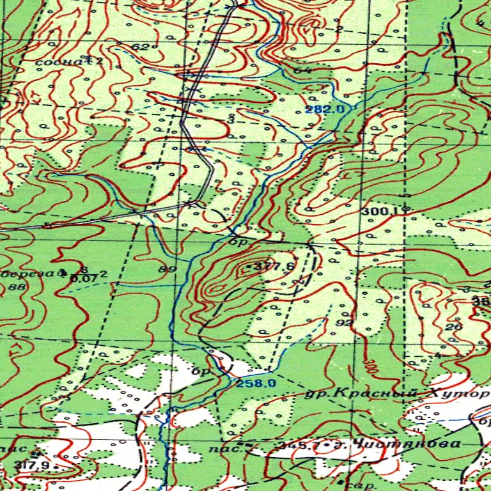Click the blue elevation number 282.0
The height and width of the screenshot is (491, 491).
point(325,109)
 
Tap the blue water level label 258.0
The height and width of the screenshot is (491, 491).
point(255,383)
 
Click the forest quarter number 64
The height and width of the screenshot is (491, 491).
point(303,70)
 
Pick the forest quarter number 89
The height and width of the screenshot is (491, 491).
point(168,269)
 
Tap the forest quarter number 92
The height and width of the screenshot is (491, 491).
point(344,323)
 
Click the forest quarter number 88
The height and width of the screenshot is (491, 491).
point(17,287)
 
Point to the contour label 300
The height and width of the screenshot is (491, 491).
point(369,365)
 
